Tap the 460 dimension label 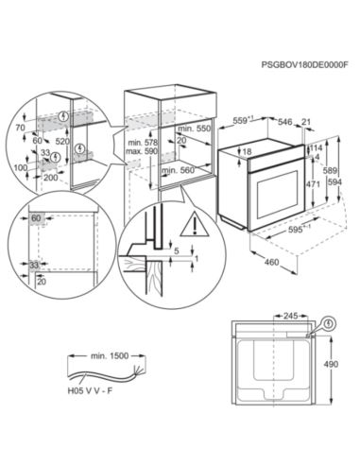[x=271, y=262]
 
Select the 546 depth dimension [x=285, y=121]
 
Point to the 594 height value [x=334, y=182]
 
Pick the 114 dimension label [x=316, y=147]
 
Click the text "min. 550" [x=194, y=129]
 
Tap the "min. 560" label [x=179, y=170]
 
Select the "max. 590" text [x=142, y=151]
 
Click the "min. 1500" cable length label [x=110, y=356]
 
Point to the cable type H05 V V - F [x=90, y=391]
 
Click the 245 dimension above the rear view [x=290, y=316]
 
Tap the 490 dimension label [x=332, y=364]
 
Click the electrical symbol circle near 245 [x=329, y=323]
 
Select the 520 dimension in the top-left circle [x=62, y=142]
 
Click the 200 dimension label [x=51, y=178]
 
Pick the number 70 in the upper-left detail [x=20, y=128]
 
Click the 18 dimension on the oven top [x=248, y=152]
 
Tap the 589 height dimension [x=331, y=170]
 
